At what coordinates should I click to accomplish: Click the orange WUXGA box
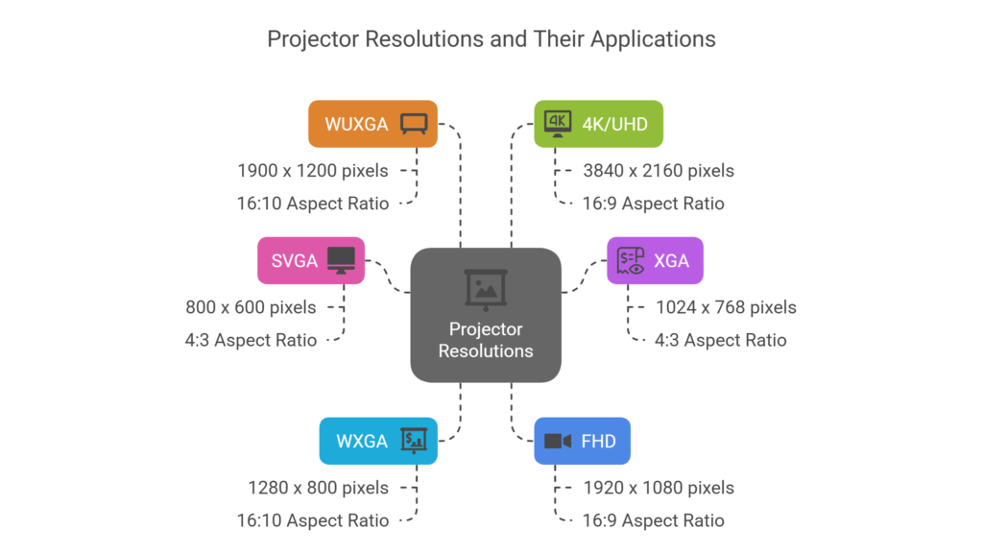pos(372,124)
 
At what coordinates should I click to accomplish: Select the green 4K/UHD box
pos(598,124)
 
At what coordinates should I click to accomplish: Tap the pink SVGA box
pos(311,260)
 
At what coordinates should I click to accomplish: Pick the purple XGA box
pos(655,260)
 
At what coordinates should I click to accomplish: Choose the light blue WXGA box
pos(378,441)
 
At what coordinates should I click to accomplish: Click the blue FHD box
pos(582,441)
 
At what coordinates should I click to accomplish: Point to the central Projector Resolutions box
pos(486,315)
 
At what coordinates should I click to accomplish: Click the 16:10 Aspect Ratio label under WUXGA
pos(313,204)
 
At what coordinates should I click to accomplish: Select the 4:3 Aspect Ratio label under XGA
pos(720,340)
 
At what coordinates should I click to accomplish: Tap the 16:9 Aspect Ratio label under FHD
pos(653,520)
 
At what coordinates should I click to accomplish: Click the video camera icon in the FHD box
pos(558,441)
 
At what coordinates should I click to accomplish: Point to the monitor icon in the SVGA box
pos(341,259)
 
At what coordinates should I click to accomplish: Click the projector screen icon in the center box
pos(486,288)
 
